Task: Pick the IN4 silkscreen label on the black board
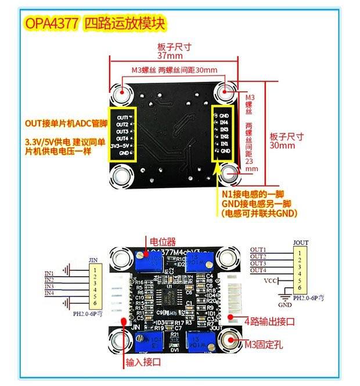click(224, 124)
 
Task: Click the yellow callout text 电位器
click(163, 242)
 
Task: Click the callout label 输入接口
click(143, 362)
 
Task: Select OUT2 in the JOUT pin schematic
click(258, 257)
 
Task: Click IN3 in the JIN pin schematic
click(49, 287)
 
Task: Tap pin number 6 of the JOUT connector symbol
click(300, 288)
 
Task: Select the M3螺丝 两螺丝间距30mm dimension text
click(174, 70)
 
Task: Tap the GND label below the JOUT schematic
click(285, 304)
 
